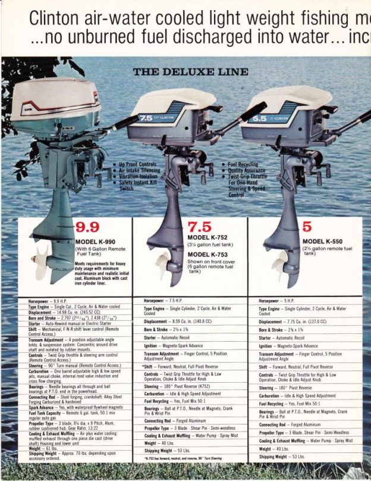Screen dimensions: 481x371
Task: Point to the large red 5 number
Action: tap(307, 227)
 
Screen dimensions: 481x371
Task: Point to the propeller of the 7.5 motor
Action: tap(163, 264)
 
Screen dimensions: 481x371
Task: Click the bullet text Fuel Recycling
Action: tap(243, 164)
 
